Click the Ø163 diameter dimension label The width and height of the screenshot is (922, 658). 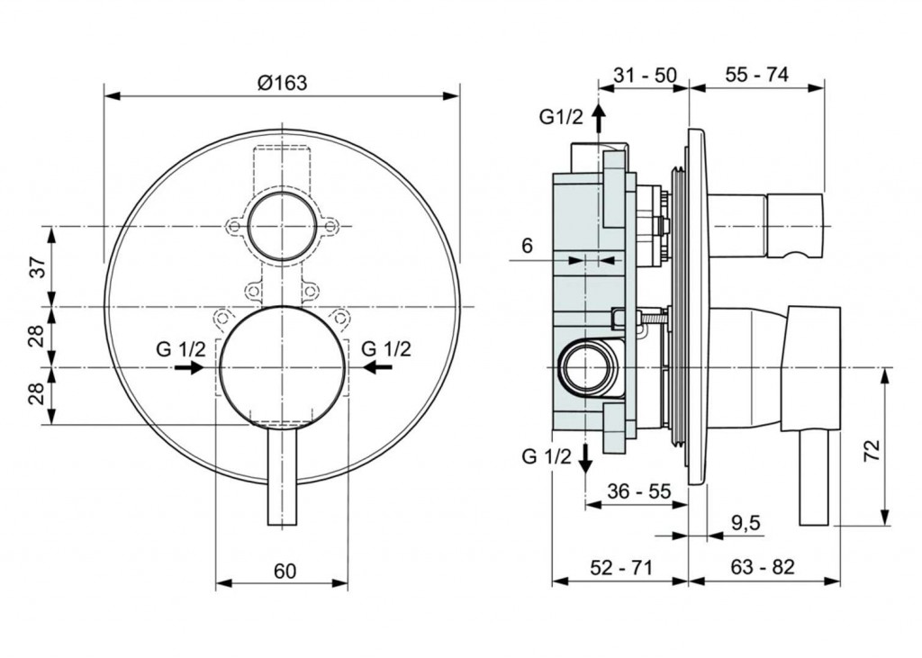(282, 83)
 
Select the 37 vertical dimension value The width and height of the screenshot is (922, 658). (38, 267)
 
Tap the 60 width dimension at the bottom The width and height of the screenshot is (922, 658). (285, 571)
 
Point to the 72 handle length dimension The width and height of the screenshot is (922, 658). (873, 449)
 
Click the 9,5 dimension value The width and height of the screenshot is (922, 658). (746, 522)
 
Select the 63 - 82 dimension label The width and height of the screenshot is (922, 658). (763, 567)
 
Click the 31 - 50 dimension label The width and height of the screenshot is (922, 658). (645, 76)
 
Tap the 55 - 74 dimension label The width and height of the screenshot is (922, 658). (756, 75)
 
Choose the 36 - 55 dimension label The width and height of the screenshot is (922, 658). (639, 491)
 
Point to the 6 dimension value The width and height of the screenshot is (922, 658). (527, 245)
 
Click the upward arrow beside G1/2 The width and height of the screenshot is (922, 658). (598, 120)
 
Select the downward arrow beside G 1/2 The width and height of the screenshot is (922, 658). (585, 459)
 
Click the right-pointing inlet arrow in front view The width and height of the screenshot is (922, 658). (189, 367)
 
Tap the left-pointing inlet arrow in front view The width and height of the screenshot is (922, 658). (378, 367)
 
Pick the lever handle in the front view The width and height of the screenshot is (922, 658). (283, 476)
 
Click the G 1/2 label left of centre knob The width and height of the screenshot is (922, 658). (181, 349)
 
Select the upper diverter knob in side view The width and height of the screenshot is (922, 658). (765, 226)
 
